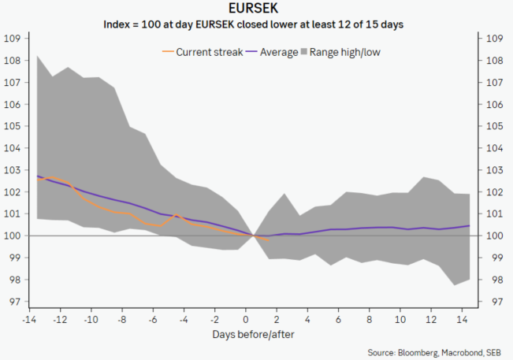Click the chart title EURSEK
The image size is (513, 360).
(255, 9)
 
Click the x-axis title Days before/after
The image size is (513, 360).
(246, 334)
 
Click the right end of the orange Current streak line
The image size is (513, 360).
(269, 239)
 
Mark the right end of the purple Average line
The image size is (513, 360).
(470, 225)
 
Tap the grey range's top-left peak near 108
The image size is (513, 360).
(38, 57)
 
